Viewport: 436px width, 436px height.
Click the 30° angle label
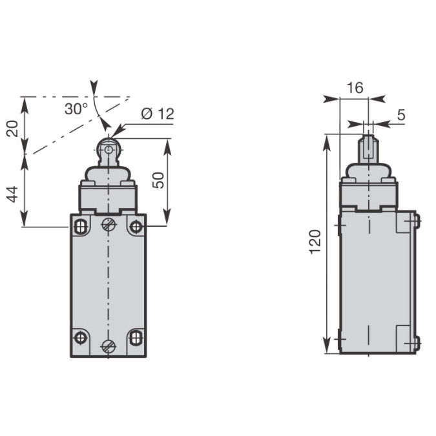click(76, 109)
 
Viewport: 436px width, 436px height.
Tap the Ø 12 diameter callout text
click(158, 114)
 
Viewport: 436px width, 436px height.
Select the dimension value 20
click(12, 129)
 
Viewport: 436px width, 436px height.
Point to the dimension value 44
click(12, 194)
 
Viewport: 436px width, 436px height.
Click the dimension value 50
click(159, 180)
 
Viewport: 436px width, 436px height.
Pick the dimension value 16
click(355, 88)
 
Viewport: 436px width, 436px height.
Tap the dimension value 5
click(401, 115)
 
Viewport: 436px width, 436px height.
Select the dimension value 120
click(315, 242)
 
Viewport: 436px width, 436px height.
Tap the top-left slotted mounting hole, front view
click(80, 227)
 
